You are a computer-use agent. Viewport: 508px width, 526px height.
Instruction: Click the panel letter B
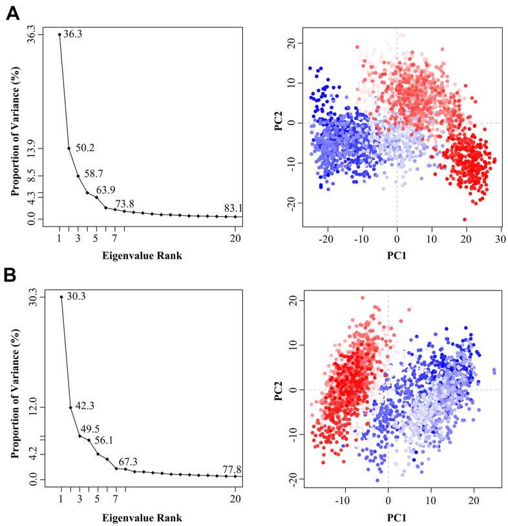pyautogui.click(x=12, y=276)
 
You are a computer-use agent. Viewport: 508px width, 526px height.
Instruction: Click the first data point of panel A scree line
pyautogui.click(x=59, y=34)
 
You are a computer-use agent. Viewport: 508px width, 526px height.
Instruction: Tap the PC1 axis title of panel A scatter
pyautogui.click(x=396, y=254)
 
